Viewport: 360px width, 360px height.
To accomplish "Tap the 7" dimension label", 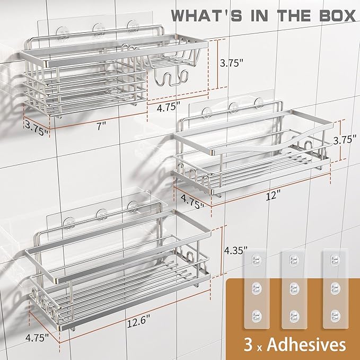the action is coord(101,126).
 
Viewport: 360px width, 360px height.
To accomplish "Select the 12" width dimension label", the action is coord(273,196).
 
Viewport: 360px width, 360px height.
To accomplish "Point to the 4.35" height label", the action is coord(236,250).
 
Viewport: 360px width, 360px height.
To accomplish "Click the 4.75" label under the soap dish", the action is coord(169,107).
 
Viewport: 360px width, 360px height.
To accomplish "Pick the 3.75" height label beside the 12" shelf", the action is coord(345,139).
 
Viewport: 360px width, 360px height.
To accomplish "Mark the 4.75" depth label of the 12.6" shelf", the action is coord(37,338).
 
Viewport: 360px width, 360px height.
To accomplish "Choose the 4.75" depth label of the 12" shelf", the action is coord(192,202).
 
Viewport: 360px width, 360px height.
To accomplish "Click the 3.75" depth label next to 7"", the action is coord(37,128).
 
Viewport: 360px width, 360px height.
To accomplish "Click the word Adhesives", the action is coord(306,345).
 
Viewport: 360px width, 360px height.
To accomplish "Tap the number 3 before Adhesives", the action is coord(248,345).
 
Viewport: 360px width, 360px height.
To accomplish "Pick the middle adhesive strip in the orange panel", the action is coord(294,289).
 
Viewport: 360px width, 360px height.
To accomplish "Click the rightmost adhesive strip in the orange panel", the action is coord(335,289).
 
